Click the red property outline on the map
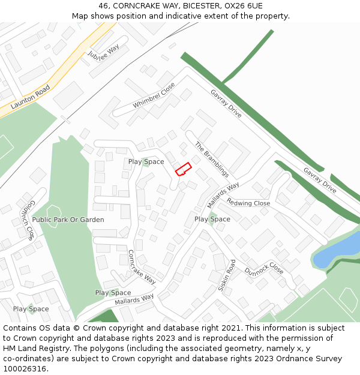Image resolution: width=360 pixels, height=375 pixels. tap(183, 169)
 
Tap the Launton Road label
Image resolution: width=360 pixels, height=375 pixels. tap(30, 97)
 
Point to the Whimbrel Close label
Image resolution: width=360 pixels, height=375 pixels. tap(154, 95)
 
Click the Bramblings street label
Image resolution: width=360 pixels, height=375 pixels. tap(212, 159)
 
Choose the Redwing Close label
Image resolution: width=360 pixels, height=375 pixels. tap(248, 203)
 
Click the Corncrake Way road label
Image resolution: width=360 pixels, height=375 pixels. tap(142, 267)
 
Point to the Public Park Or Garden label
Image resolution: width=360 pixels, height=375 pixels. tap(68, 220)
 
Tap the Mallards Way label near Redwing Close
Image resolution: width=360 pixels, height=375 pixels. tap(223, 196)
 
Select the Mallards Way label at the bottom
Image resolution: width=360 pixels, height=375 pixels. tap(134, 298)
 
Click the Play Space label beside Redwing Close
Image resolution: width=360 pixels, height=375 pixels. tap(212, 219)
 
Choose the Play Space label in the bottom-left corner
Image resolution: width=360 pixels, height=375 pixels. tap(31, 309)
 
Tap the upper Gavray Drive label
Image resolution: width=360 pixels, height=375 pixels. tap(226, 103)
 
